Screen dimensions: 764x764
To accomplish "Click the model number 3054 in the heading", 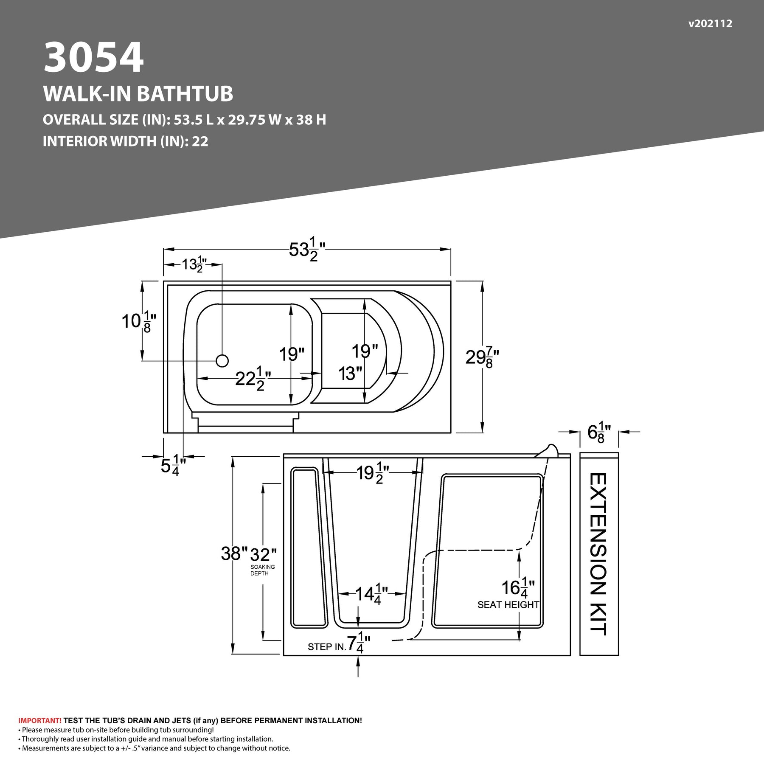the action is click(x=94, y=57).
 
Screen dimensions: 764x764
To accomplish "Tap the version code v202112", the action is click(x=710, y=24).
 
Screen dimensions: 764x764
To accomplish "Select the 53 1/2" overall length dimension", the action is click(x=307, y=250).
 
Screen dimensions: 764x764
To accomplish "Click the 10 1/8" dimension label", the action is click(x=139, y=321).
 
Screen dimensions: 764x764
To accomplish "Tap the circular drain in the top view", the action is click(x=222, y=361).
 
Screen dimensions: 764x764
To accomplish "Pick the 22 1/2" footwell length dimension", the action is click(x=253, y=378).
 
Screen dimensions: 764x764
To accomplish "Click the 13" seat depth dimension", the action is click(x=350, y=374).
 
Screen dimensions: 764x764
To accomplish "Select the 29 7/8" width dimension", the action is click(x=482, y=357).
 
